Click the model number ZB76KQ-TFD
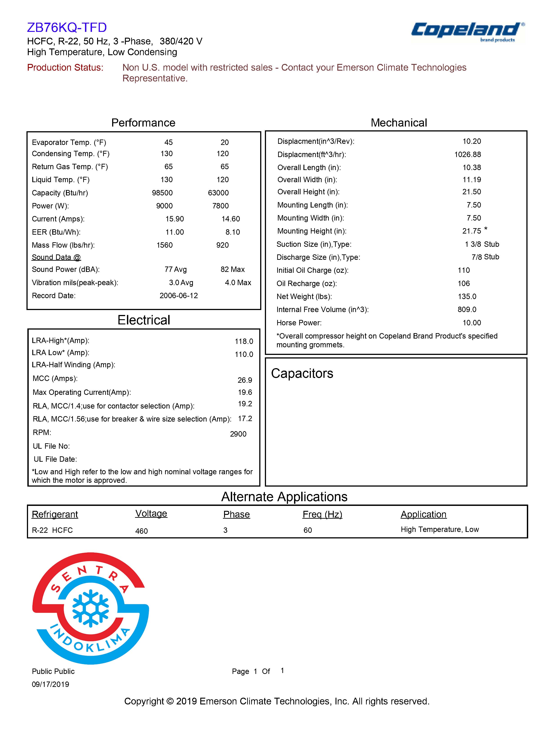coord(67,27)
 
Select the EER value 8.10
coord(233,232)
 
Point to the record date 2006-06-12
coord(179,296)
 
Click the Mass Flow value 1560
coord(164,245)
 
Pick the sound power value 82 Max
coord(233,269)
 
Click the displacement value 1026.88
coord(467,155)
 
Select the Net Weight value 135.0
coord(467,296)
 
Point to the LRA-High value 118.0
coord(244,341)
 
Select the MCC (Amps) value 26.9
coord(244,380)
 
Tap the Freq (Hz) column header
coord(322,514)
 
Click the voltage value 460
coord(141,531)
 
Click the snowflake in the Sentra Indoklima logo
coord(90,608)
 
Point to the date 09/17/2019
coord(50,684)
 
